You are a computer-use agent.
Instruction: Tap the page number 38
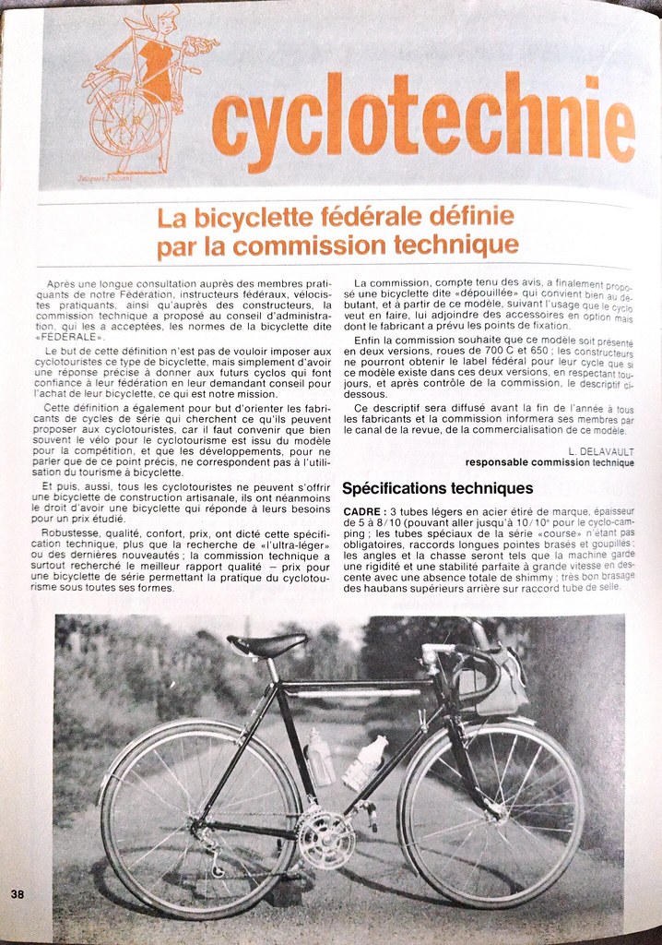click(x=18, y=893)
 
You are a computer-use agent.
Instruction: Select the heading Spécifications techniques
click(x=437, y=487)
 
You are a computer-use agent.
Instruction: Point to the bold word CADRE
click(x=361, y=511)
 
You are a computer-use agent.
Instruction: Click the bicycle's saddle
click(x=266, y=643)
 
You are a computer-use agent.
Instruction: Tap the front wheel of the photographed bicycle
click(x=491, y=812)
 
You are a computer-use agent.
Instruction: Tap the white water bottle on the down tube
click(x=365, y=762)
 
